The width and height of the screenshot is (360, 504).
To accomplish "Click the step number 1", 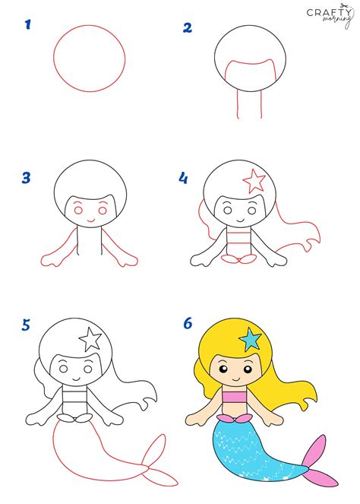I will pyautogui.click(x=27, y=25).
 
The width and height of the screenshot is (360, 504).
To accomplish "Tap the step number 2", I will pyautogui.click(x=187, y=29).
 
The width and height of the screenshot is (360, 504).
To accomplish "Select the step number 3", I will pyautogui.click(x=27, y=179).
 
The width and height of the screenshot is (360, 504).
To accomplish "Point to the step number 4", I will pyautogui.click(x=183, y=178).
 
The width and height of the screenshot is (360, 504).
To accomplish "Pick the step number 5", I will pyautogui.click(x=27, y=325).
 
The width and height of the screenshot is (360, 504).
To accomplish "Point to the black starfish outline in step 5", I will pyautogui.click(x=91, y=338).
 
